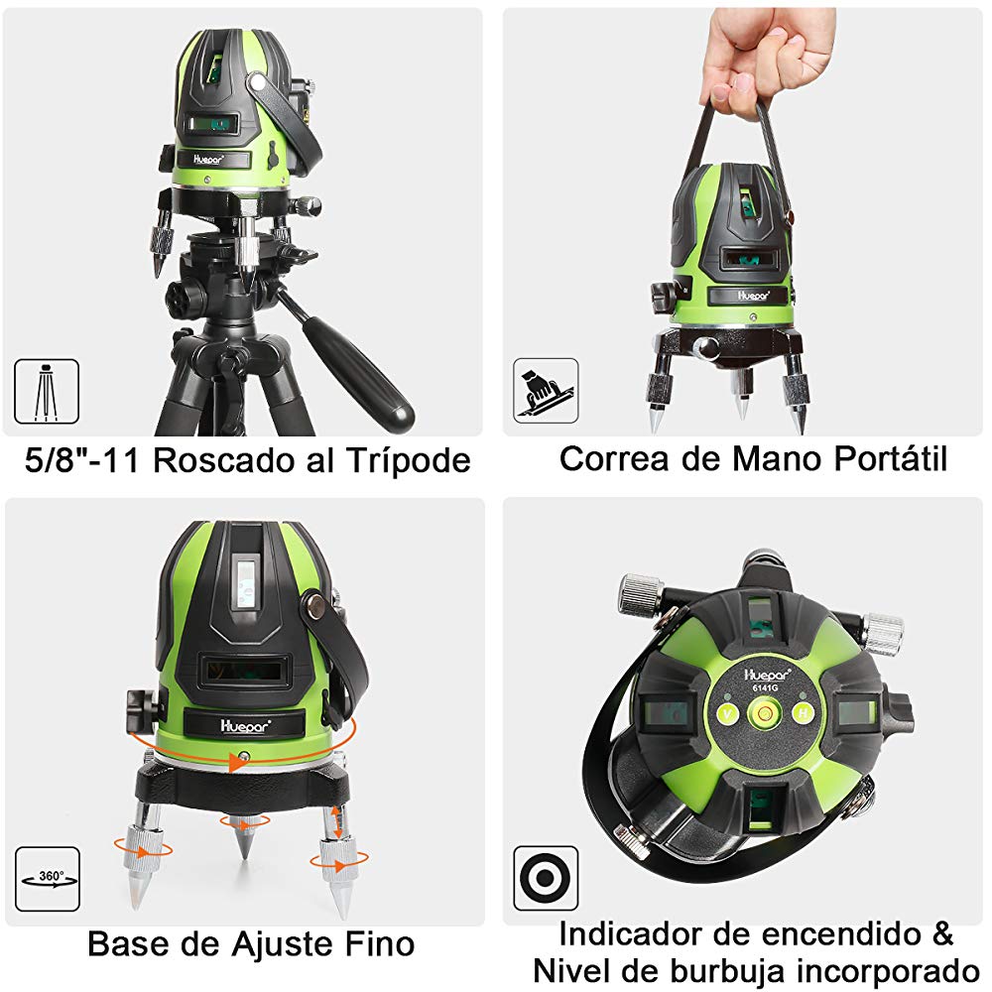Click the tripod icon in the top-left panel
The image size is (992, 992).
click(x=47, y=392)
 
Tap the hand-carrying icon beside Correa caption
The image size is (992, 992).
click(x=546, y=390)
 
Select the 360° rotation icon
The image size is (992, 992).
click(x=48, y=879)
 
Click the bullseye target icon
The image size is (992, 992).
click(x=546, y=878)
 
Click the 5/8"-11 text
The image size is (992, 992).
click(x=81, y=459)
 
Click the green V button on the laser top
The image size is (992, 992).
click(x=727, y=714)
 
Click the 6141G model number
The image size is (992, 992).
click(x=765, y=688)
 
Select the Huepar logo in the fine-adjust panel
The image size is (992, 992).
click(x=245, y=725)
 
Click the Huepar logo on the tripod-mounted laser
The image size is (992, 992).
click(x=208, y=160)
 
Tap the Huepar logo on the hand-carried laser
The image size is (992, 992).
click(x=754, y=296)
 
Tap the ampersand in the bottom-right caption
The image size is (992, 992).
click(x=941, y=933)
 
